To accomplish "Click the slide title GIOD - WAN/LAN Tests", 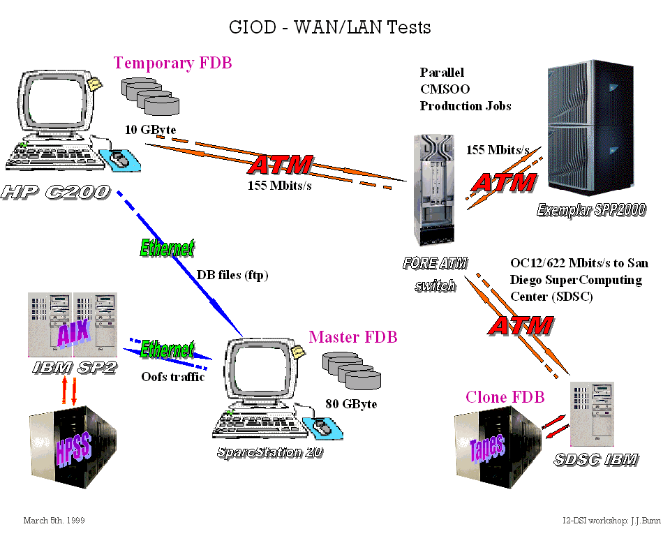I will (330, 27).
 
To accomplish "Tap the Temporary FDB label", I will (173, 63).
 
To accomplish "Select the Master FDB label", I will (353, 338).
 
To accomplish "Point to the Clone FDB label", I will (505, 397).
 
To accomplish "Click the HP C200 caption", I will (56, 191).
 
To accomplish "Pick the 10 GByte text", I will (151, 129).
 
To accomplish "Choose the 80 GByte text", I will (351, 403).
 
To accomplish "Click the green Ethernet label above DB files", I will (167, 248).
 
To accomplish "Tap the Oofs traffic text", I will (173, 377).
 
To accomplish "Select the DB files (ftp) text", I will (232, 275).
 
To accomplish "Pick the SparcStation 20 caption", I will (269, 452).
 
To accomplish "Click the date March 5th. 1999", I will (54, 521).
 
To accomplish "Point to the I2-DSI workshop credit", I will (604, 521).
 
